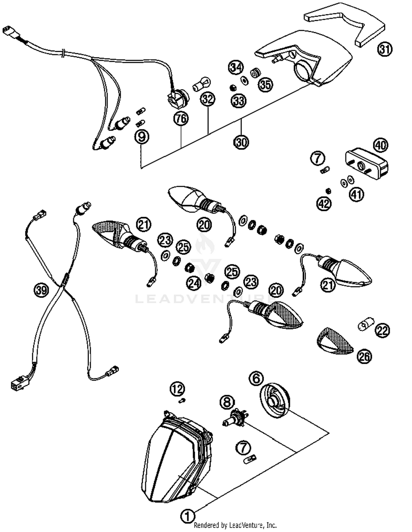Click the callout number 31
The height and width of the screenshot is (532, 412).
[x=385, y=49]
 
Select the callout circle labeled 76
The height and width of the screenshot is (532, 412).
[x=181, y=119]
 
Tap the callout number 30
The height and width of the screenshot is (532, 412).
[x=241, y=142]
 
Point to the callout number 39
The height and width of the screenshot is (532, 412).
[x=41, y=290]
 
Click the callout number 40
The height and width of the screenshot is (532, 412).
[x=380, y=145]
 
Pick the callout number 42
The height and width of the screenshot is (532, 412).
[x=324, y=204]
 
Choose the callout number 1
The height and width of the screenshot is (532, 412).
[x=188, y=516]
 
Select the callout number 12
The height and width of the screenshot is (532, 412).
[x=177, y=389]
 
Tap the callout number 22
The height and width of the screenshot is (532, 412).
[x=383, y=331]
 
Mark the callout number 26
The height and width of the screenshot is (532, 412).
[x=364, y=356]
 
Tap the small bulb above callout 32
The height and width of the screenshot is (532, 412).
[x=202, y=83]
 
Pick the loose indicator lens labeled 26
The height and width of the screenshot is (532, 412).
[x=335, y=340]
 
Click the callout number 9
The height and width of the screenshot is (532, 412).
[x=142, y=136]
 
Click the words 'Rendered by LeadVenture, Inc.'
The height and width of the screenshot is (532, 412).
[x=235, y=525]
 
